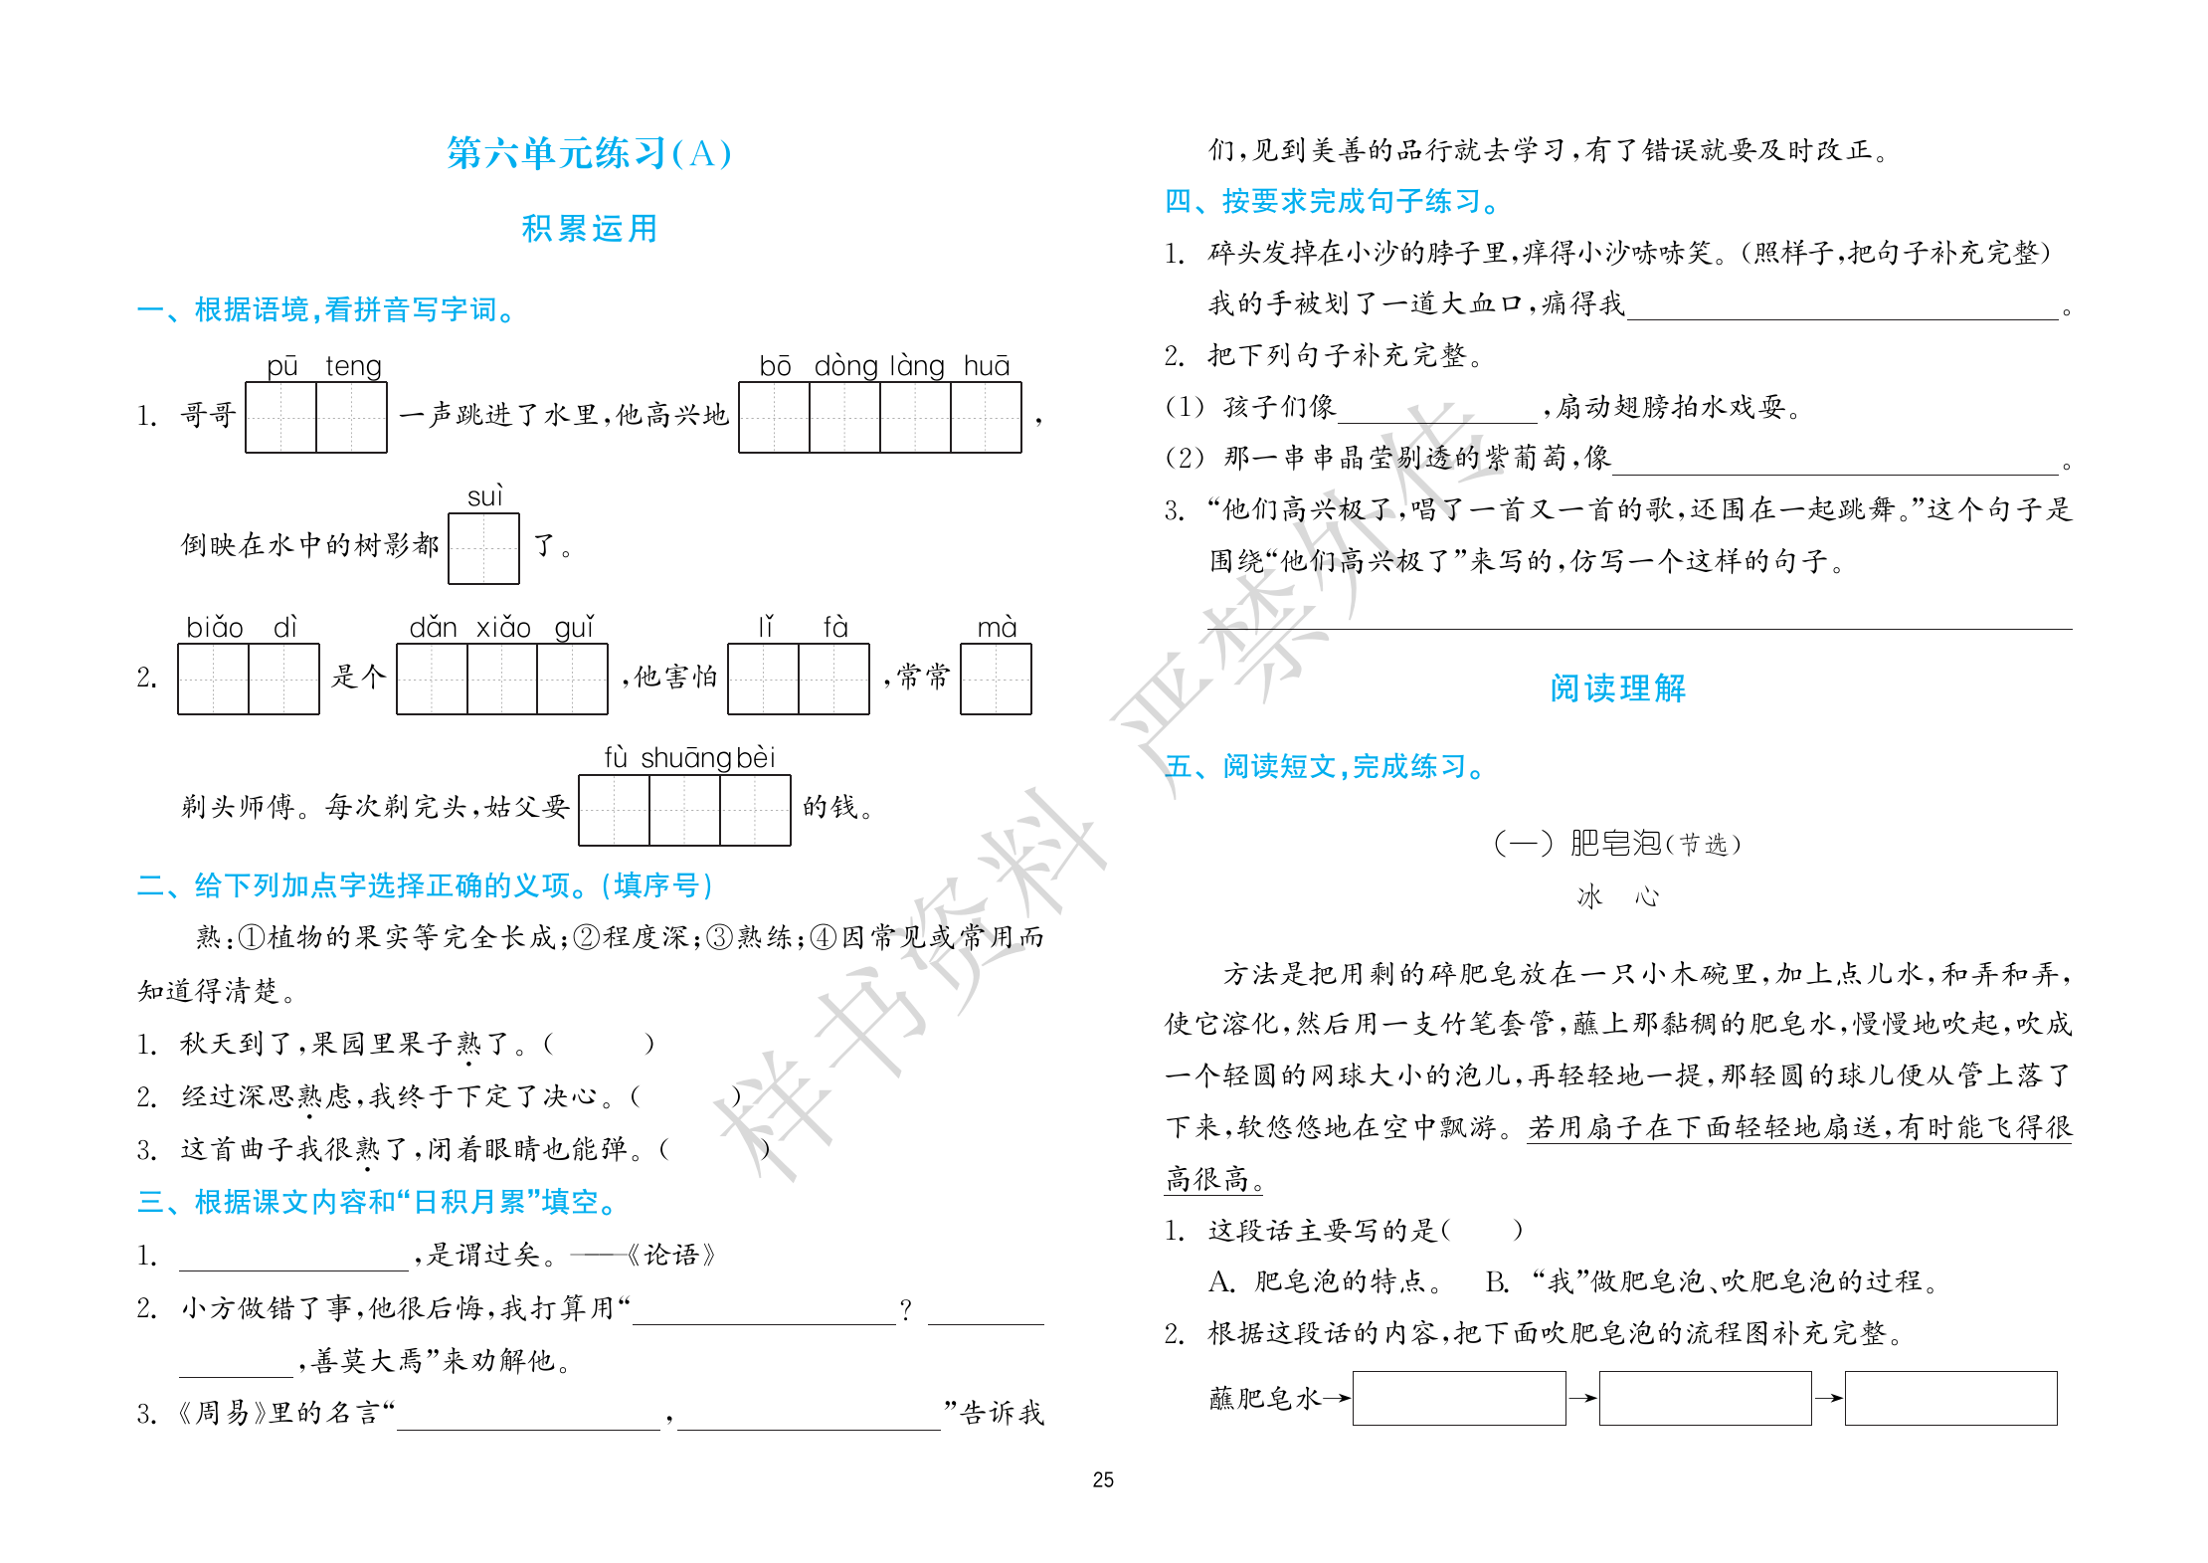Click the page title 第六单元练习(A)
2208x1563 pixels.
589,153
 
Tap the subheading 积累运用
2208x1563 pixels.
589,229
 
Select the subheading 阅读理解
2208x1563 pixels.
1617,688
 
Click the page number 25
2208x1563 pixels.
1103,1479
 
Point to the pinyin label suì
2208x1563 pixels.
484,496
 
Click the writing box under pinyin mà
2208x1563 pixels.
996,680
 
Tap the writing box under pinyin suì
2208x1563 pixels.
483,548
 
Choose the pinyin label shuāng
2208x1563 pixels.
685,758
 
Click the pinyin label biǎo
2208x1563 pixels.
214,628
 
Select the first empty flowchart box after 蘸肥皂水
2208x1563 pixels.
1458,1398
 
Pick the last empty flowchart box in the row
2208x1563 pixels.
1950,1398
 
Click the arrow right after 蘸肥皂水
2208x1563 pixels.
1336,1398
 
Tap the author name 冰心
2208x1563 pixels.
1617,897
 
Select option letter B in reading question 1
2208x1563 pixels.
1496,1281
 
